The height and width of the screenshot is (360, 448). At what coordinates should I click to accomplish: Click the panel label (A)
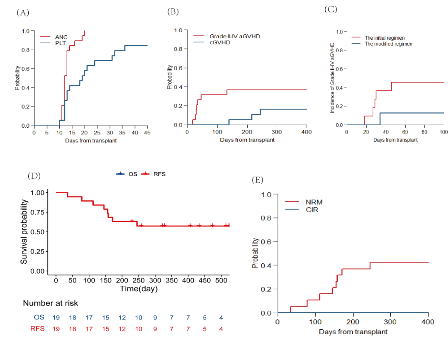[23, 12]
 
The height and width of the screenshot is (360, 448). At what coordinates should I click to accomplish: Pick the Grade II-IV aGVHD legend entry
[232, 36]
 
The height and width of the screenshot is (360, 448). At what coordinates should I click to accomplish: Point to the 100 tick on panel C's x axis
[443, 131]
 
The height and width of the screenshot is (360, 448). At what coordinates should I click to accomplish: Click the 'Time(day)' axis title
[139, 288]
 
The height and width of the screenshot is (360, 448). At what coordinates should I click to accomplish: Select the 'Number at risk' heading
[50, 303]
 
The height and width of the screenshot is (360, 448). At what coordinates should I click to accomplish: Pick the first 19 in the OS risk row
[56, 317]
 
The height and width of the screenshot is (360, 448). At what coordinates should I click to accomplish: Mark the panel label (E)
[258, 180]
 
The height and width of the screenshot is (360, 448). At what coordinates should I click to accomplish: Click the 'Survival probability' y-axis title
[24, 232]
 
